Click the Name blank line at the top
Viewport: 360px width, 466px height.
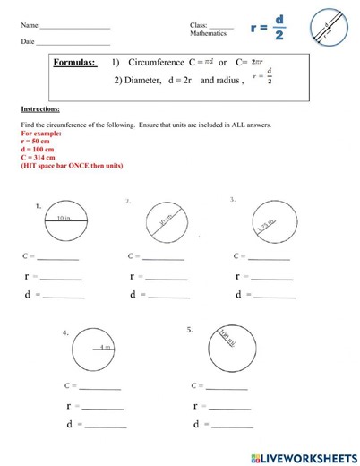(x=75, y=26)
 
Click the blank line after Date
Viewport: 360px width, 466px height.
(x=73, y=43)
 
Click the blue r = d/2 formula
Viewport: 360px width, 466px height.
(x=268, y=27)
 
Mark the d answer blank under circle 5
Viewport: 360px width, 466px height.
(x=229, y=425)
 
